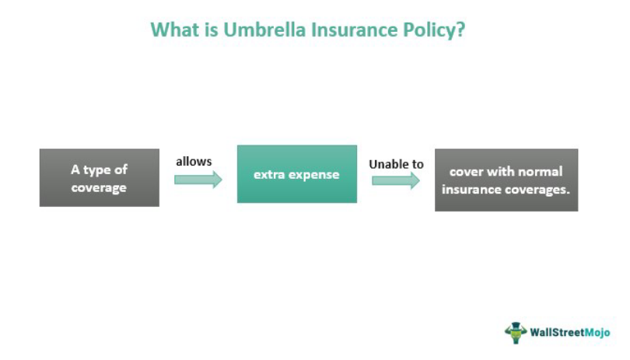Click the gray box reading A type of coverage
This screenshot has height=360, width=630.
(x=100, y=178)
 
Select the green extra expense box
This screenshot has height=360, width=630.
(x=296, y=174)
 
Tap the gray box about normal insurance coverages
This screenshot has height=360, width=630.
(x=506, y=180)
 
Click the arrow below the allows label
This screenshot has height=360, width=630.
(x=198, y=180)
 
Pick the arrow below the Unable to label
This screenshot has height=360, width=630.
(x=395, y=180)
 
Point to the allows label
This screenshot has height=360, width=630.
(x=194, y=161)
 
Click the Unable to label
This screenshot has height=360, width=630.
(x=396, y=164)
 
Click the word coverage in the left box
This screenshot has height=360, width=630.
(x=99, y=187)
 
